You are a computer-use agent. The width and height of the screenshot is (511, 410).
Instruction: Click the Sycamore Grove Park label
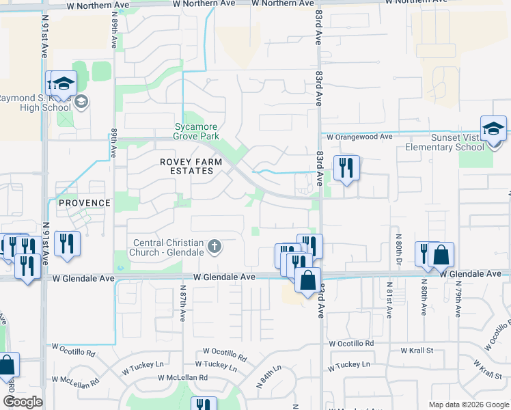tap(197, 131)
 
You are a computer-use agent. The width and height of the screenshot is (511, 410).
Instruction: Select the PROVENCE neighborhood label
tap(84, 203)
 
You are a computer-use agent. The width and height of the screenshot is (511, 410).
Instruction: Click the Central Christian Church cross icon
tap(215, 246)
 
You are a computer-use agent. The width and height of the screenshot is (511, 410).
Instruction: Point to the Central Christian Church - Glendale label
tap(169, 247)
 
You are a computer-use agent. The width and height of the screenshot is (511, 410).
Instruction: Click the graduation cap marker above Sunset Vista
tap(494, 130)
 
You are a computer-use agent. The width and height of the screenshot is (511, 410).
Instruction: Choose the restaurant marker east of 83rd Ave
tap(346, 167)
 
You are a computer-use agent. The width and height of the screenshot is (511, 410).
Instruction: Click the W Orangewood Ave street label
tap(359, 137)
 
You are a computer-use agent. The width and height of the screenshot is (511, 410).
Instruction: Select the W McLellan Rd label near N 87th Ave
tap(182, 377)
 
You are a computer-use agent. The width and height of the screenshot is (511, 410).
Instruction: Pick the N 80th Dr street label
tap(397, 244)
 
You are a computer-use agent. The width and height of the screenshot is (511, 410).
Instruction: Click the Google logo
tap(23, 402)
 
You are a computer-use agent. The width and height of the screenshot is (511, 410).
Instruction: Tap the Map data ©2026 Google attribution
tap(468, 405)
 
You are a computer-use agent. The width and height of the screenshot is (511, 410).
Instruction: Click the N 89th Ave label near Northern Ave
tap(113, 30)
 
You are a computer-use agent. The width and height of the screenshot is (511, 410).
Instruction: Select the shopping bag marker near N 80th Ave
tap(441, 256)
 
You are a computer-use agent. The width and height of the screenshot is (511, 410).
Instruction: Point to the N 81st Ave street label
tap(389, 301)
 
